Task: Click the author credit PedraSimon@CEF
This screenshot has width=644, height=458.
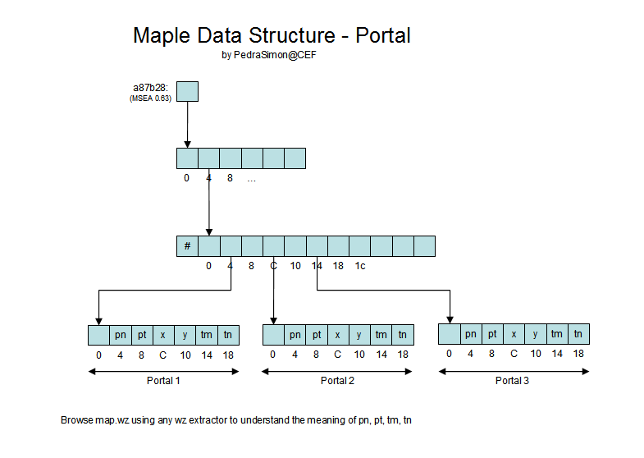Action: tap(275, 56)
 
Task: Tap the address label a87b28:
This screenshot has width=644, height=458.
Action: tap(151, 88)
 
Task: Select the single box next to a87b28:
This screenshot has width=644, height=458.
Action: tap(188, 91)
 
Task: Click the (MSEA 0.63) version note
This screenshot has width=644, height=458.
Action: tap(151, 98)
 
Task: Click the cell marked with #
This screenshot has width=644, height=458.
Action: tap(187, 246)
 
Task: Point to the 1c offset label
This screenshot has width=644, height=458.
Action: tap(359, 266)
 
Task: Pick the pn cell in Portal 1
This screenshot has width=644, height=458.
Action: tap(120, 335)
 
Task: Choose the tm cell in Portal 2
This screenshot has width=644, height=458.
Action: tap(381, 335)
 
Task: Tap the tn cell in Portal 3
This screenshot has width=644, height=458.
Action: tap(578, 334)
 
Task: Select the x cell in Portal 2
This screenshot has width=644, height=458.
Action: tap(338, 335)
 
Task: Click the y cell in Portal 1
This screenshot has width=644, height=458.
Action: tap(185, 335)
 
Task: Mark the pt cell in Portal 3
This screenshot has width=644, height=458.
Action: tap(492, 334)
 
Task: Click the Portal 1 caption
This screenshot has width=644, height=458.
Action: tap(163, 381)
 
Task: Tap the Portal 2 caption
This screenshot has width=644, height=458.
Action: tap(337, 381)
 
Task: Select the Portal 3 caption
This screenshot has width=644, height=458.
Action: tap(513, 381)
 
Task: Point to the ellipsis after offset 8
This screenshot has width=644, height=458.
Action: tap(251, 178)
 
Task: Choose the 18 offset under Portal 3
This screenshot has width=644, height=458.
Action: tap(578, 354)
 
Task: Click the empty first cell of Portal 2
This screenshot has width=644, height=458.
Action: tap(273, 335)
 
